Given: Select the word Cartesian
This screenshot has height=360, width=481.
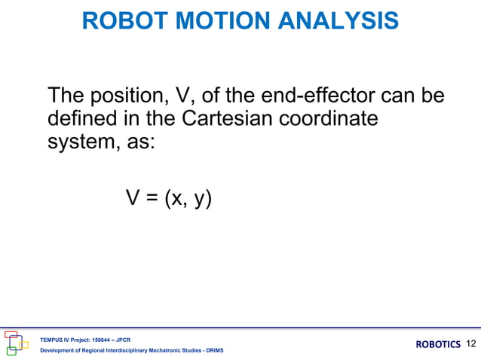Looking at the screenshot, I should click(x=217, y=119).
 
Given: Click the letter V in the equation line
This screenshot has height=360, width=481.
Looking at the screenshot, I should click(x=132, y=198).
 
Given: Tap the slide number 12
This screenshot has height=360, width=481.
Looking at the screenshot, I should click(x=472, y=344).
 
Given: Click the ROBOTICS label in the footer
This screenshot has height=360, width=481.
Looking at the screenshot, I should click(x=437, y=345).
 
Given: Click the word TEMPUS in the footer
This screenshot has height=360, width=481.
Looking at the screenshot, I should click(x=52, y=340).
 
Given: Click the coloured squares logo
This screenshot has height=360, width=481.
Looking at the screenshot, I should click(x=16, y=343).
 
